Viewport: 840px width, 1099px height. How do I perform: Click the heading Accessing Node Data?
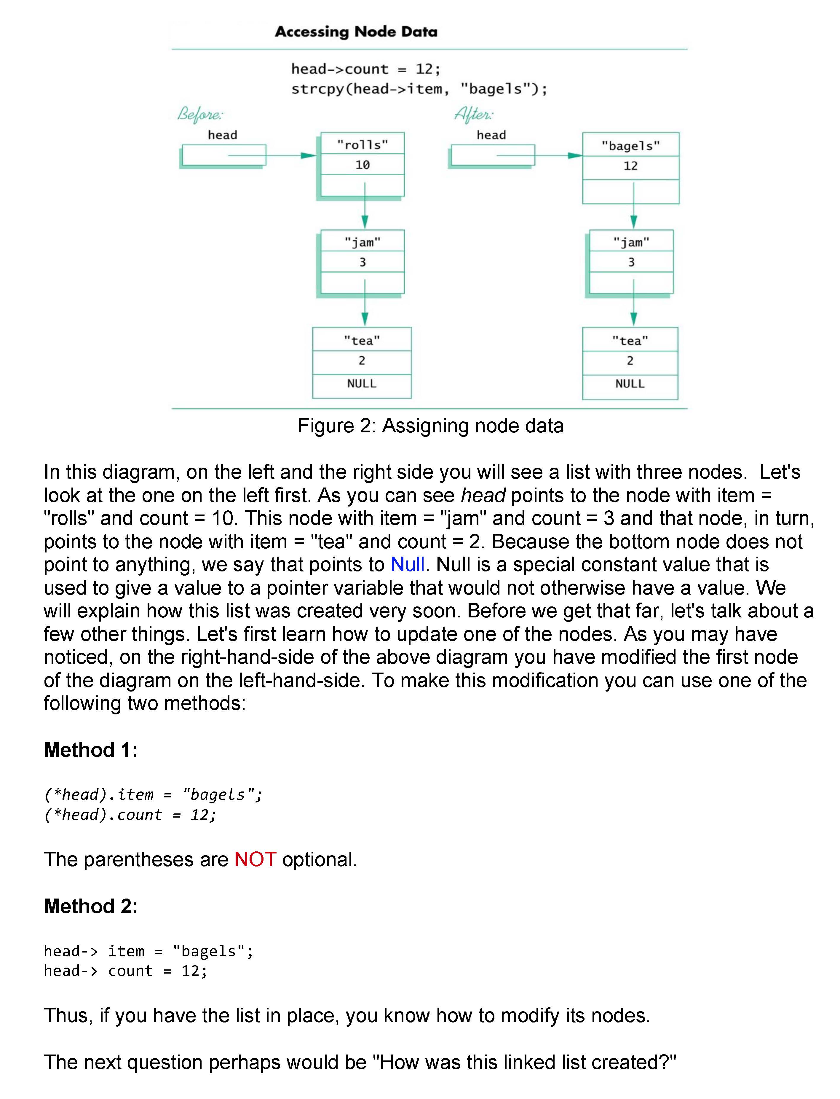tap(356, 32)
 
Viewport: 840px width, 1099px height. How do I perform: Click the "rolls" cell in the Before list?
tap(362, 144)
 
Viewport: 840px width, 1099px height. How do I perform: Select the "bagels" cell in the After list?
tap(630, 146)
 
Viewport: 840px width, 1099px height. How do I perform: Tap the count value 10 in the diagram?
tap(362, 165)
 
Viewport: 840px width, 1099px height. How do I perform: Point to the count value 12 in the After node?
tap(630, 166)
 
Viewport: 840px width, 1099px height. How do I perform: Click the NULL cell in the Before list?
tap(362, 384)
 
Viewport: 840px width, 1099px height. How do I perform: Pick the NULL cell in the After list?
tap(630, 384)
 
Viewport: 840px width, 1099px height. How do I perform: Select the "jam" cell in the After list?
tap(631, 242)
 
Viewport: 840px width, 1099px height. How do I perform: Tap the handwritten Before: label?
tap(200, 114)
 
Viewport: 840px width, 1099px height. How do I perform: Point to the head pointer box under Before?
tap(223, 155)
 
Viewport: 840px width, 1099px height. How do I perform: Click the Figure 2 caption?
tap(430, 426)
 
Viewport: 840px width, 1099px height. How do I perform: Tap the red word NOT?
tap(255, 859)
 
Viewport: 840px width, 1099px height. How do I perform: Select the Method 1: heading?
tap(90, 750)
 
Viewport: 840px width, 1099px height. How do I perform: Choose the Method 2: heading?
tap(90, 906)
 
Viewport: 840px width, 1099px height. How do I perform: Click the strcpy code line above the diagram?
tap(419, 89)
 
